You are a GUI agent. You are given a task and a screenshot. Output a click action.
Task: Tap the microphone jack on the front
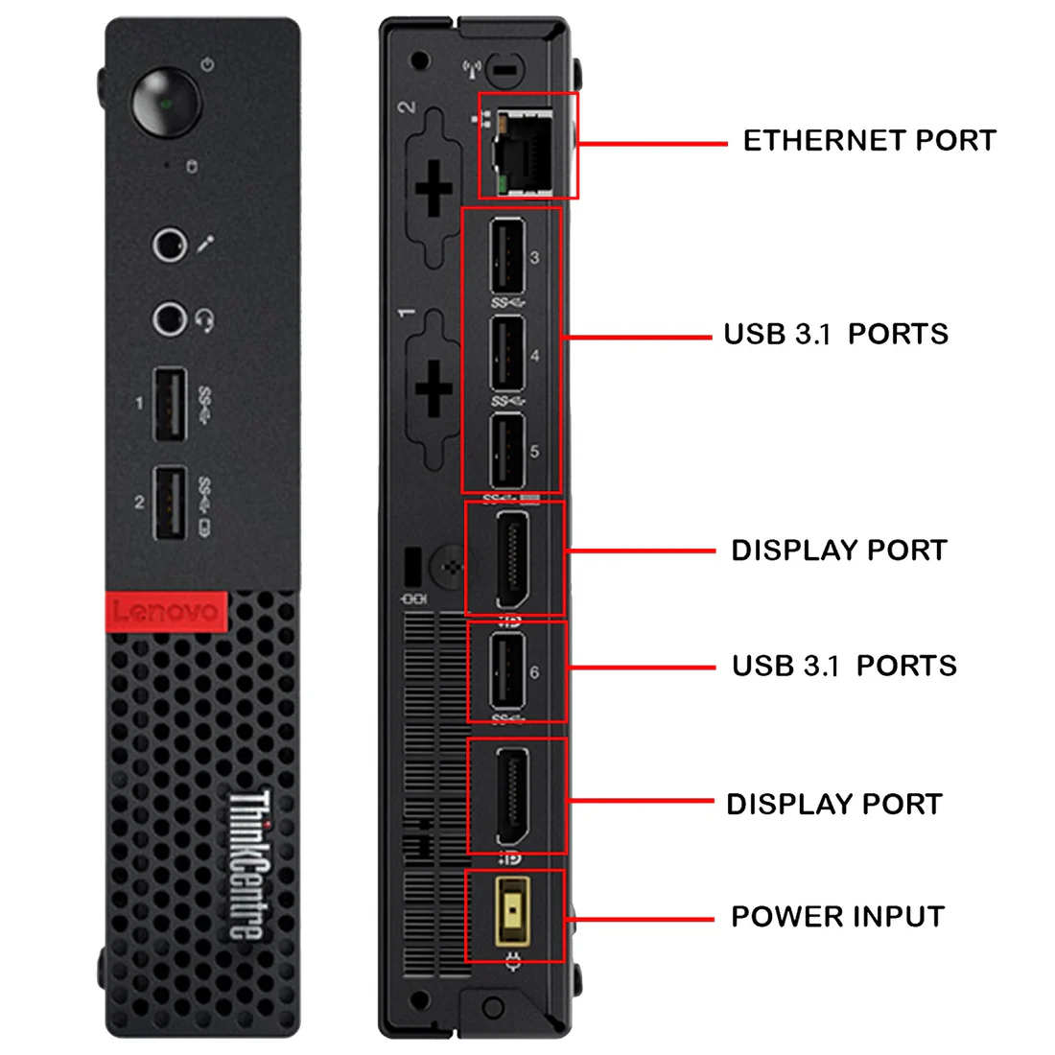coord(170,245)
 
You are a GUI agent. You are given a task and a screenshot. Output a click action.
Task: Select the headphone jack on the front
coord(170,318)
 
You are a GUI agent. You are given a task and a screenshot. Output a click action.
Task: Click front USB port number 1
coord(171,404)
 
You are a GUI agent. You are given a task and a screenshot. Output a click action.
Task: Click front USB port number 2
coord(171,503)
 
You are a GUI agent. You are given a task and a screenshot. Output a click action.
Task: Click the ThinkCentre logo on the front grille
coord(247,864)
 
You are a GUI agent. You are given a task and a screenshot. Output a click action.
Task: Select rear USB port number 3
coord(506,256)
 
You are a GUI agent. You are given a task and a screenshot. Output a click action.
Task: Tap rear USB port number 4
coord(506,355)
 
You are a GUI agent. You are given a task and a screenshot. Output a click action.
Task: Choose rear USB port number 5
coord(506,451)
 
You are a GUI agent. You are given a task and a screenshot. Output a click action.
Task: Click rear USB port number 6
coord(506,671)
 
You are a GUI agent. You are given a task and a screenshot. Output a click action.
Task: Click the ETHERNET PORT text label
coord(869,141)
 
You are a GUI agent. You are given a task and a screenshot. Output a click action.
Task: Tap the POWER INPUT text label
coord(837,917)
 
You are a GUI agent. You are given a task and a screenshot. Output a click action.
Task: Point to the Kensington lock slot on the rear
coord(414,568)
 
